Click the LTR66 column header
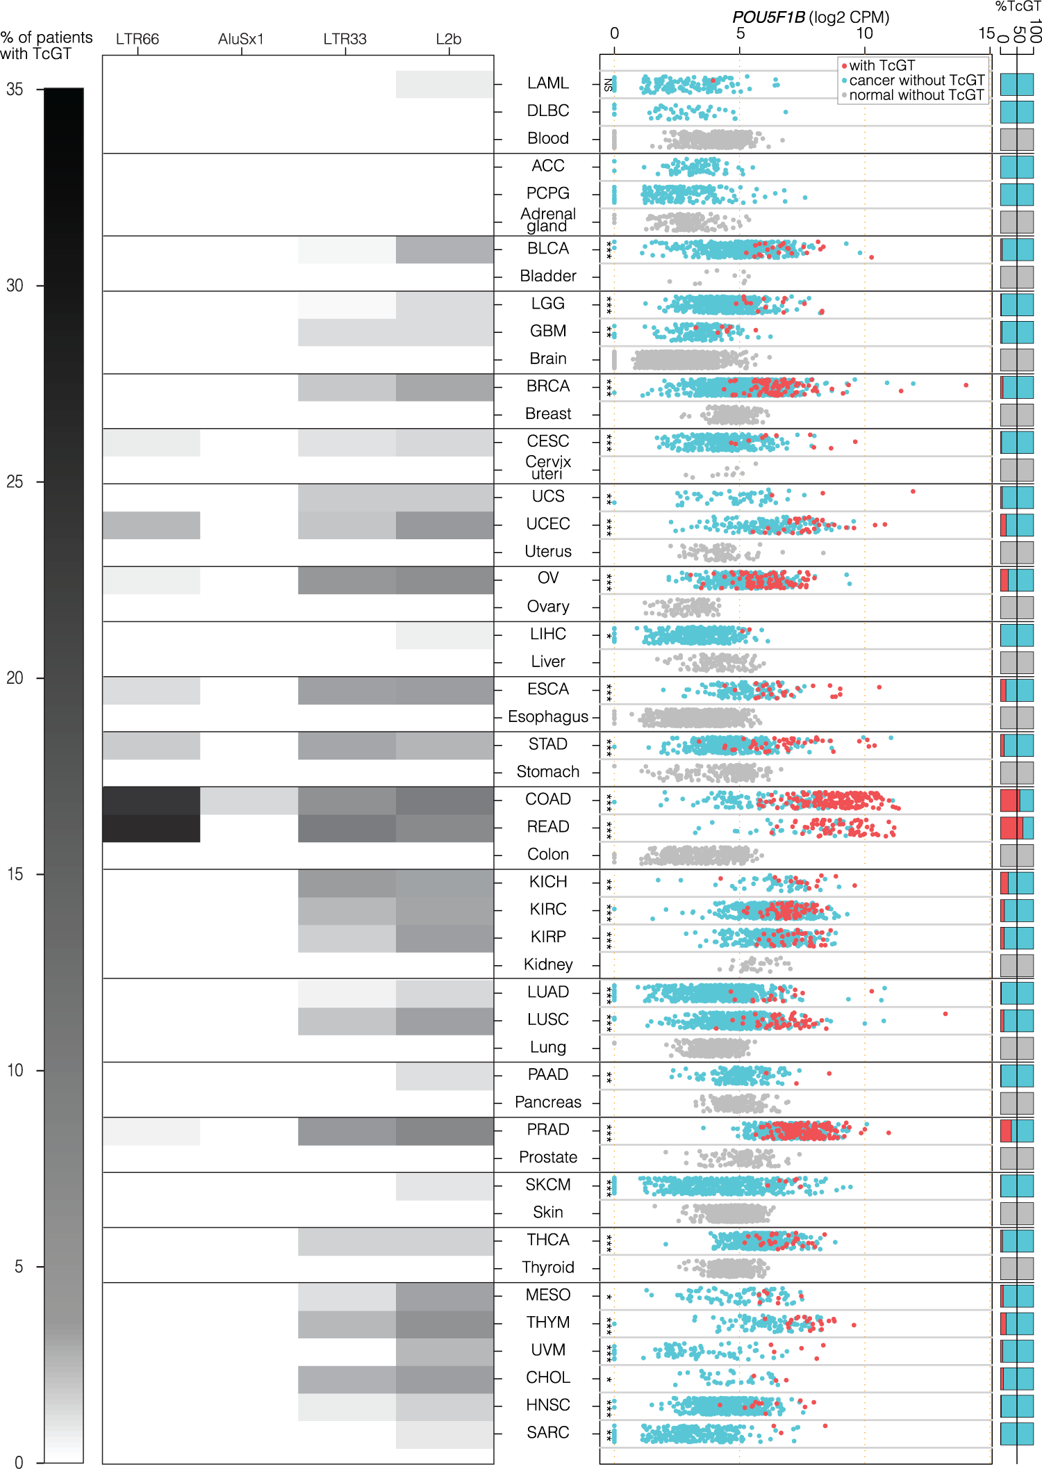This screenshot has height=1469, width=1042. [138, 39]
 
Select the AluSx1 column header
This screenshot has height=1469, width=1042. [241, 39]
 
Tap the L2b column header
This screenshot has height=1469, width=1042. [449, 39]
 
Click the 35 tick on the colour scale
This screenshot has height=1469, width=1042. [15, 90]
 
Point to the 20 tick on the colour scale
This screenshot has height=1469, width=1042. [15, 678]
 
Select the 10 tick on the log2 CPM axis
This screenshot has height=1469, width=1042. [864, 33]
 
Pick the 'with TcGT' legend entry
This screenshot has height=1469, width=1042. [882, 65]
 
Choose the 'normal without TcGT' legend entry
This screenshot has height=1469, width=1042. [916, 95]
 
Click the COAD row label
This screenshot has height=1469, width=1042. [547, 799]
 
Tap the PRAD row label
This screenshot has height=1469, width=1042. [547, 1130]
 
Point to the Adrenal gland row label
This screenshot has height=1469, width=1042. [547, 220]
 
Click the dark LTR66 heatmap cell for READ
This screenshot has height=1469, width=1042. [151, 828]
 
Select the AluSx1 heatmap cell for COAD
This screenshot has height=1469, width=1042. [249, 801]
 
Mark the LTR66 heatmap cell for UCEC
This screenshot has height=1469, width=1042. [151, 525]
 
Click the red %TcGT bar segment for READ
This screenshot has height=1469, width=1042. [1011, 828]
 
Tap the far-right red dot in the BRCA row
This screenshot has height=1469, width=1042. [966, 385]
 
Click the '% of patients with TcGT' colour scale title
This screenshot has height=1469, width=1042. [46, 46]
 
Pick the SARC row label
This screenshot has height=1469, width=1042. [547, 1432]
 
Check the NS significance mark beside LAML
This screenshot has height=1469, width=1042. [609, 85]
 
